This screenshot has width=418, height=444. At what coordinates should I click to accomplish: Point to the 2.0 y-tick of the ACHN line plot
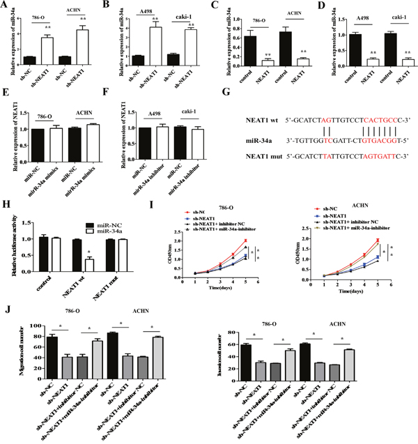coord(313,240)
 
